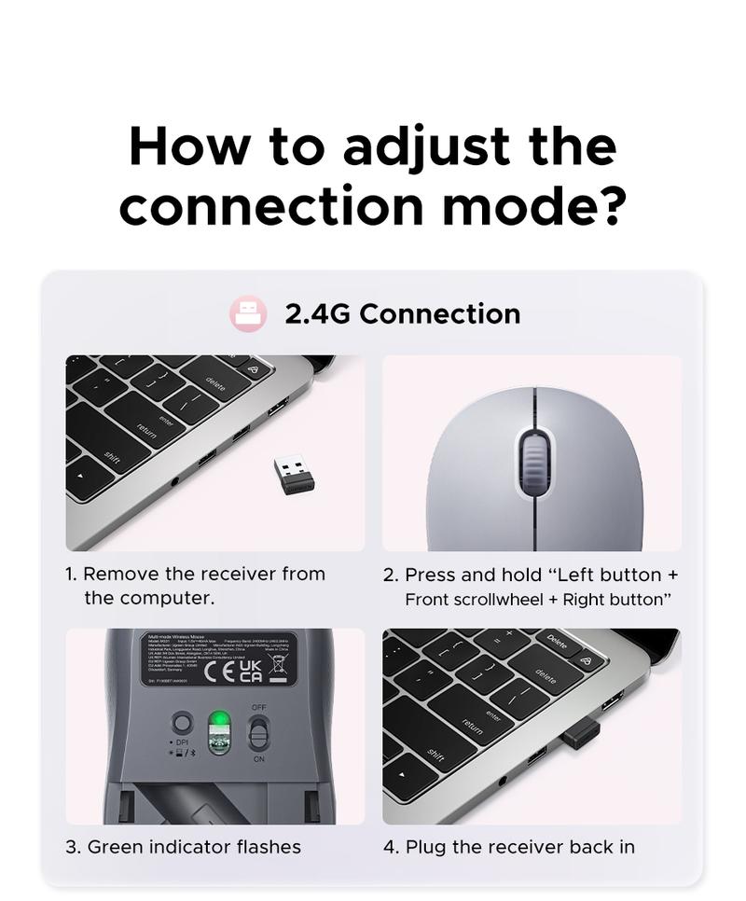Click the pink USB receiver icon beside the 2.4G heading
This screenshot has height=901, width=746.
click(248, 314)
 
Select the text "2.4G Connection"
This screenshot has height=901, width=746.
click(402, 314)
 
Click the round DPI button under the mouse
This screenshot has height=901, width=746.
click(183, 723)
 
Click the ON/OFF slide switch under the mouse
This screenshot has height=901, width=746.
click(258, 732)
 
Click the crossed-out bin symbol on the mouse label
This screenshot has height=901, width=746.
click(277, 665)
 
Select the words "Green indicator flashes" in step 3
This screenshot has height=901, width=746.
click(194, 847)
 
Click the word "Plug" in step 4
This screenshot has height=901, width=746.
click(424, 847)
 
